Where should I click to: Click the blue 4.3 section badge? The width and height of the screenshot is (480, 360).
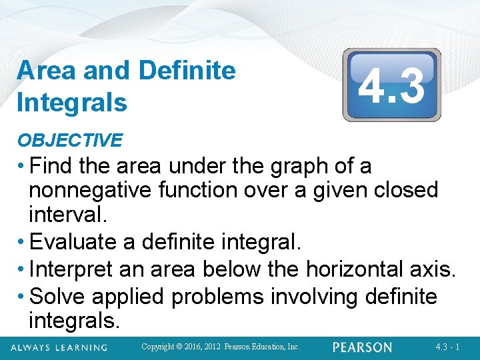pyautogui.click(x=391, y=85)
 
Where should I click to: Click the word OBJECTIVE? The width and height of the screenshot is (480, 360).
pyautogui.click(x=69, y=140)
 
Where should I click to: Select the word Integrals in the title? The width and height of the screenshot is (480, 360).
pyautogui.click(x=72, y=103)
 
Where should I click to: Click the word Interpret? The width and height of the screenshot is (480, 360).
pyautogui.click(x=75, y=269)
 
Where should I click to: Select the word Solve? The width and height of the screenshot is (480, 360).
pyautogui.click(x=59, y=295)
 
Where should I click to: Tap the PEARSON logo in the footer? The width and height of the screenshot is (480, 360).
pyautogui.click(x=363, y=347)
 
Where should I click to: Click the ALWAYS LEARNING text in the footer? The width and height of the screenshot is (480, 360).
pyautogui.click(x=59, y=347)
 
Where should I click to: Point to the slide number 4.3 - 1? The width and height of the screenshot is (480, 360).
pyautogui.click(x=447, y=347)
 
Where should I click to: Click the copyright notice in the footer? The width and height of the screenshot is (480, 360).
pyautogui.click(x=222, y=347)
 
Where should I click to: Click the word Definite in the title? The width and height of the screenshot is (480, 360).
pyautogui.click(x=189, y=70)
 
